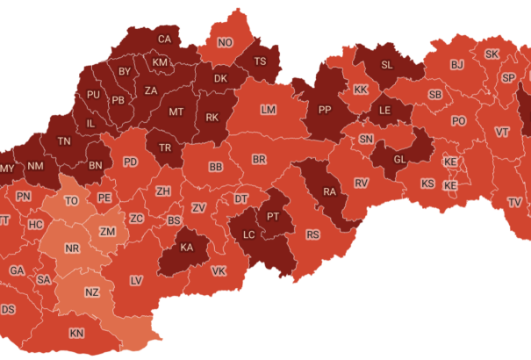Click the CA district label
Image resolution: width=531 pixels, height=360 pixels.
click(x=164, y=39)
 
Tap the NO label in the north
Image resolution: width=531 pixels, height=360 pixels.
click(x=226, y=43)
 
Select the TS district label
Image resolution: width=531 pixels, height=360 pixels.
click(x=260, y=61)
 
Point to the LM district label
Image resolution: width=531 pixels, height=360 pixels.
click(x=269, y=111)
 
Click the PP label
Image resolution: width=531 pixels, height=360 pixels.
click(x=324, y=111)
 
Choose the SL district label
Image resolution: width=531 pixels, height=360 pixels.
click(x=387, y=64)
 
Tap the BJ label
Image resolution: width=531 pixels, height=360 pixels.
click(x=456, y=65)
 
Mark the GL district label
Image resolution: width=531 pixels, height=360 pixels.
click(x=399, y=159)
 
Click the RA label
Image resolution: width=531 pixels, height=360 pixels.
click(x=330, y=192)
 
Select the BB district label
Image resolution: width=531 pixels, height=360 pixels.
click(x=216, y=167)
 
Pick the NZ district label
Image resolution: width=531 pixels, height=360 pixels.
click(x=92, y=292)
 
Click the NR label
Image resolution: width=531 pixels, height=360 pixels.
click(x=72, y=249)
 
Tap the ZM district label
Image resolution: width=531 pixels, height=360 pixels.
click(x=108, y=231)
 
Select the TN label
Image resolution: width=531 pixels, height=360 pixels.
click(x=64, y=141)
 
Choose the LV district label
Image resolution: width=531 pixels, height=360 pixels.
click(x=136, y=280)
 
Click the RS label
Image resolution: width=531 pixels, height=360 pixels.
click(x=313, y=234)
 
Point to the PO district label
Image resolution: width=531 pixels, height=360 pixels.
click(x=458, y=121)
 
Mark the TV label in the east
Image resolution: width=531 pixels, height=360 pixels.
click(x=514, y=202)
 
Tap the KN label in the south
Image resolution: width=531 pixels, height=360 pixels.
click(x=77, y=333)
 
